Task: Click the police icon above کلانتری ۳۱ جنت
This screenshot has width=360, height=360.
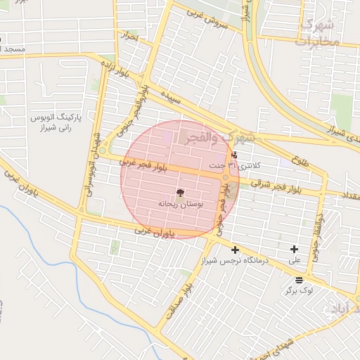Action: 234,155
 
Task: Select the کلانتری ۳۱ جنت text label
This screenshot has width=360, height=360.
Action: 240,166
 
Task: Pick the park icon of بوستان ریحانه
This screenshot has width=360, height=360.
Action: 180,192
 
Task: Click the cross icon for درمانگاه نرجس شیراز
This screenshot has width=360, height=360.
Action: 235,250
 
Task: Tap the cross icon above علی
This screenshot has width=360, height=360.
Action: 294,249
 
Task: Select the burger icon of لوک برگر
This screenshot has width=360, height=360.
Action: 300,279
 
